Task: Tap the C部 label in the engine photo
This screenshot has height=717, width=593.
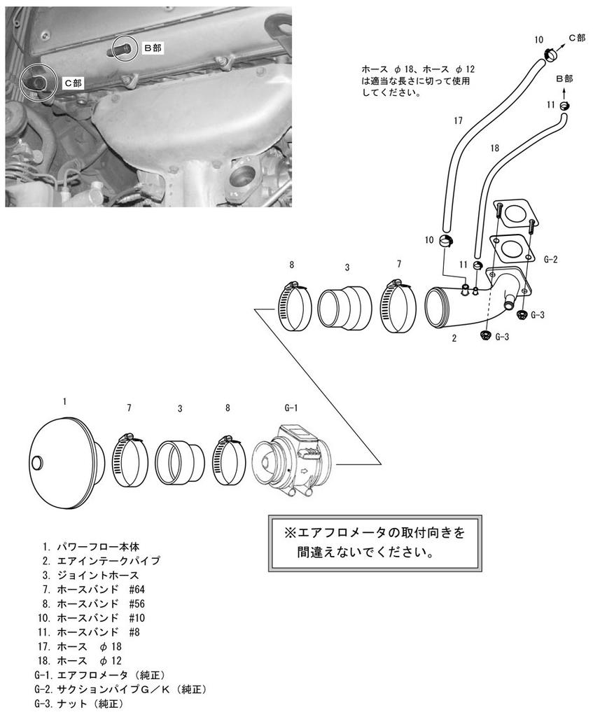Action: point(73,83)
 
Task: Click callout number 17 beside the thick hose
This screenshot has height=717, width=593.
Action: point(458,120)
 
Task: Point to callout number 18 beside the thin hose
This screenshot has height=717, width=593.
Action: point(495,148)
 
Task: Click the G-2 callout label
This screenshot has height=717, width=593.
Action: point(550,260)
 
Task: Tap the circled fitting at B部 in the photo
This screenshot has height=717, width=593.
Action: point(125,48)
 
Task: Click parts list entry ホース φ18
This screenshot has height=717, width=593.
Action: point(88,646)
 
